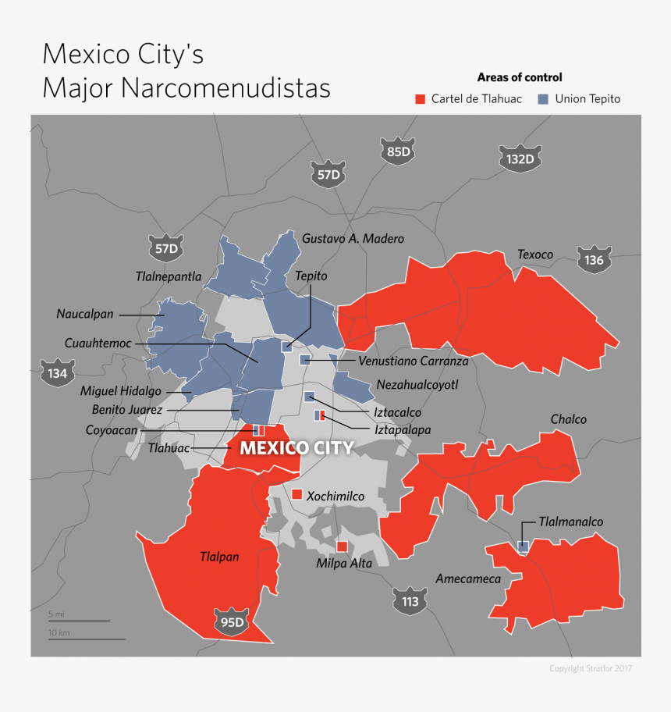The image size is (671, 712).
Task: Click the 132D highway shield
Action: [520, 159]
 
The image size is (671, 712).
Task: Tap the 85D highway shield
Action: [398, 151]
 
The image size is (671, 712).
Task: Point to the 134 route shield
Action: [57, 372]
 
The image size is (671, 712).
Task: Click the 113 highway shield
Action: [410, 601]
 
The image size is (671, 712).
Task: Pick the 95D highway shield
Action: [233, 622]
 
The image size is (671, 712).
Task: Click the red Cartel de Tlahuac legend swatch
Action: [420, 99]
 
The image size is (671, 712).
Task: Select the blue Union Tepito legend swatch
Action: [541, 99]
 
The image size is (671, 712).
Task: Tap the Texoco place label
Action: [535, 255]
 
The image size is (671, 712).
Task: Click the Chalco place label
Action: [568, 419]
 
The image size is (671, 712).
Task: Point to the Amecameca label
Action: [468, 579]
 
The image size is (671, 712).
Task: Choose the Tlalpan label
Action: [219, 557]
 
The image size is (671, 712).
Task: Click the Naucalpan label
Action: [85, 314]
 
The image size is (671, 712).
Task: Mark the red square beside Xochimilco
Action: [296, 495]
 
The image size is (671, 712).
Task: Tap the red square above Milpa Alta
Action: [342, 546]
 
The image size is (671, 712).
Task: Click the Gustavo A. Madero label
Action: [353, 238]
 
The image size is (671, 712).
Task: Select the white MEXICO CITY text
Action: [296, 448]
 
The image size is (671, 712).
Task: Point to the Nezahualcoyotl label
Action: [417, 385]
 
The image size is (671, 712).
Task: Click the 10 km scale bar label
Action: [59, 632]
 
